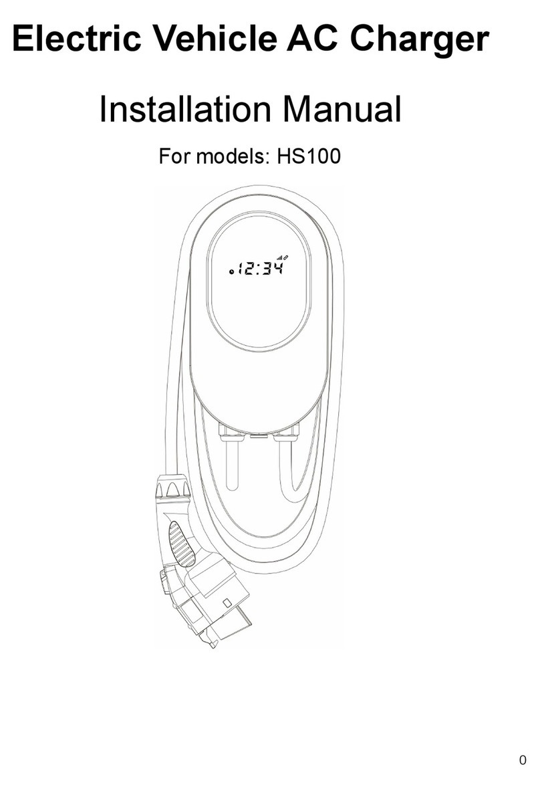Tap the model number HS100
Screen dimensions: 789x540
[x=305, y=157]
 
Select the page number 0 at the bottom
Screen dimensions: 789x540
[x=523, y=760]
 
